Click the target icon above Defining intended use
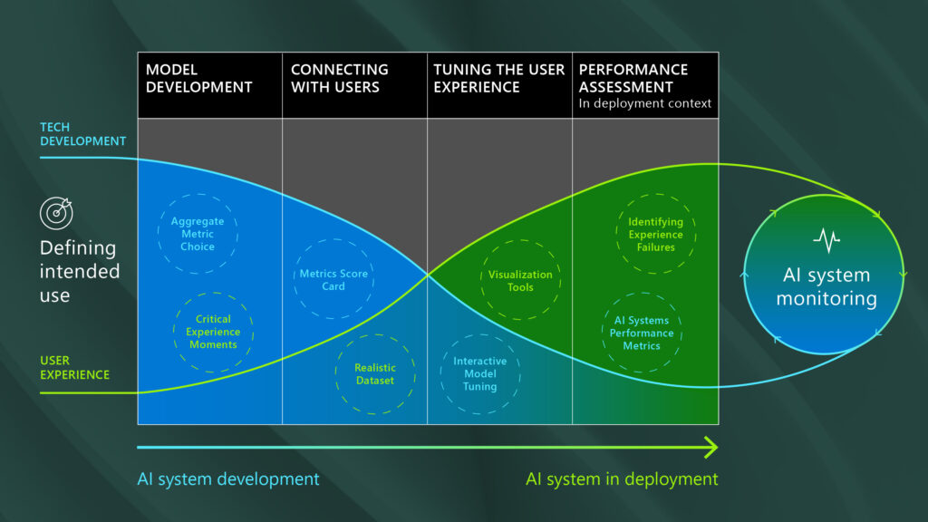(x=55, y=213)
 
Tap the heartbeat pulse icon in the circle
(x=826, y=240)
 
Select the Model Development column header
(x=199, y=78)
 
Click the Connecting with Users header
(x=340, y=78)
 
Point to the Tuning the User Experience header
(x=498, y=78)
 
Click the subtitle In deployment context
(x=645, y=103)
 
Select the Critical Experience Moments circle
(x=213, y=332)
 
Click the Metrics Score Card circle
(x=333, y=280)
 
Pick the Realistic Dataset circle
(x=374, y=374)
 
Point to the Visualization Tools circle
(x=520, y=281)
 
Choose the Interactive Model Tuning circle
(x=479, y=373)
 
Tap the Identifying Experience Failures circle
(x=656, y=234)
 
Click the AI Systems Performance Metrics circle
(x=642, y=333)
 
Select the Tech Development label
(x=82, y=134)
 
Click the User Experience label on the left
(x=74, y=367)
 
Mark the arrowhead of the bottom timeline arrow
(x=710, y=447)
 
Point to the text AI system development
(x=228, y=478)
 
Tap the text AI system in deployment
(x=622, y=478)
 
